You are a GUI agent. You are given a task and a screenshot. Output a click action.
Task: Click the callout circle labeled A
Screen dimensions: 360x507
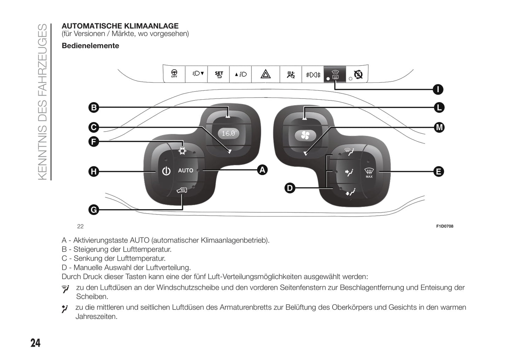click(x=262, y=170)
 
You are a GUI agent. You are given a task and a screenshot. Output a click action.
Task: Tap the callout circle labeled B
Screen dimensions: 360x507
click(x=94, y=107)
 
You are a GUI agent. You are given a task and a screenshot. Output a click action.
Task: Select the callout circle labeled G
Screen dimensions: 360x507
click(x=94, y=210)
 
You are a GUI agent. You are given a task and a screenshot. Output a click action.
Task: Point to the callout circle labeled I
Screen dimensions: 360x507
click(x=438, y=89)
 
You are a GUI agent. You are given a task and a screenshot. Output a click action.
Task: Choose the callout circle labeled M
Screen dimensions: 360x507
click(x=439, y=127)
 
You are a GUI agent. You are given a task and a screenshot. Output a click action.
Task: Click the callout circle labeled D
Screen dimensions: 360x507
click(x=289, y=188)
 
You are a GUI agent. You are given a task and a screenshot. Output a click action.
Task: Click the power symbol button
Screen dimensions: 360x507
click(x=166, y=171)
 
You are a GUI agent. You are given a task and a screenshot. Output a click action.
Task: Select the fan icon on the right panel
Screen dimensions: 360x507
click(x=305, y=135)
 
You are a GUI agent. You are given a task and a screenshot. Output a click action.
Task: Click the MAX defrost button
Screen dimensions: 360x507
click(x=369, y=172)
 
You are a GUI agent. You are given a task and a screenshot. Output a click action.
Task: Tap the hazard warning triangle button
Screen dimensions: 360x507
click(x=266, y=74)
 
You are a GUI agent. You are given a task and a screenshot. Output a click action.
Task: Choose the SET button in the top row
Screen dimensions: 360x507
click(x=219, y=74)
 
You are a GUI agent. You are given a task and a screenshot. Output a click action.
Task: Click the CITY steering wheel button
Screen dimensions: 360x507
click(x=174, y=74)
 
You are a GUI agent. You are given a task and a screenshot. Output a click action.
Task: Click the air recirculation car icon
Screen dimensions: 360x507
click(x=182, y=191)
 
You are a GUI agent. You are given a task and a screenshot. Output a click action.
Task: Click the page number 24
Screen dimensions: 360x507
click(x=35, y=343)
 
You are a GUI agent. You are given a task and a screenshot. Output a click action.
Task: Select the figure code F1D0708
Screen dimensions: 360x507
click(x=445, y=226)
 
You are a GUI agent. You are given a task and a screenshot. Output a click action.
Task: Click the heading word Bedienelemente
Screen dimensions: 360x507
click(x=91, y=46)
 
